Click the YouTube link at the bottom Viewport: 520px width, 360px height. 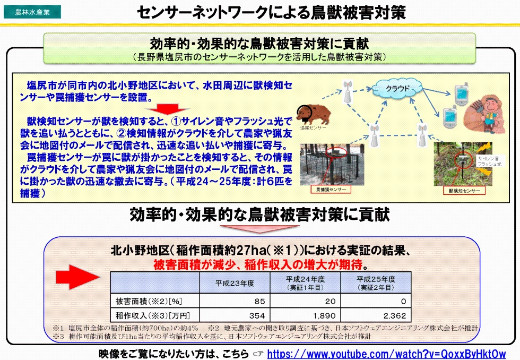click(386, 354)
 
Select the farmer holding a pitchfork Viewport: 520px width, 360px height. click(483, 111)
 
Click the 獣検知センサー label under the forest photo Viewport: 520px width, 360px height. click(464, 190)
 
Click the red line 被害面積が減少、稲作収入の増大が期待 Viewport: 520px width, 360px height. click(261, 264)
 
